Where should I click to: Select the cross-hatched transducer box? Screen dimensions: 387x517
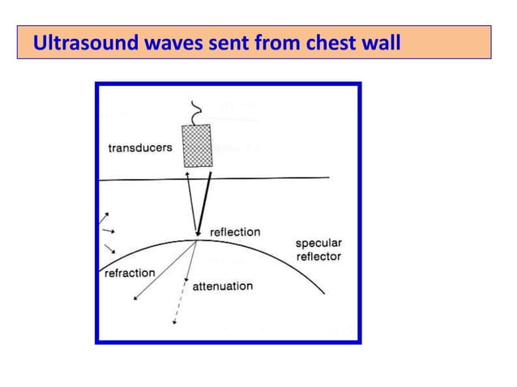coord(199,147)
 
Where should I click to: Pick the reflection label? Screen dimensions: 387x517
coord(235,232)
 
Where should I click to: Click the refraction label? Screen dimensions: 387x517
coord(130,273)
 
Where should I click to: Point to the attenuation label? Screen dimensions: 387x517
coord(222,286)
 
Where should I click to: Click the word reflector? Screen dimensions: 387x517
coord(318,256)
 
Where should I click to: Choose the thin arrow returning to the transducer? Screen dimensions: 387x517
coord(191,202)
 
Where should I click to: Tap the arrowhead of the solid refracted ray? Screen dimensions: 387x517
coord(136,299)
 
